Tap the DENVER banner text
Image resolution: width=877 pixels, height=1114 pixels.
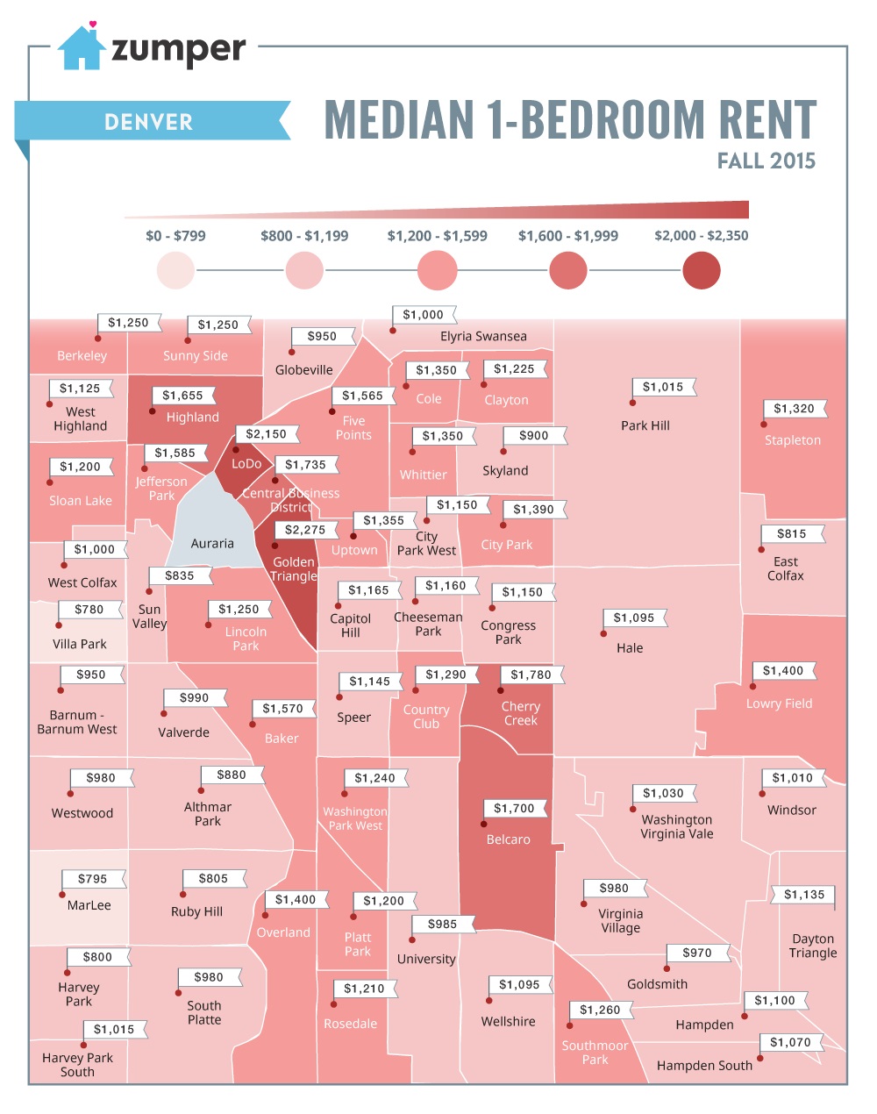click(x=148, y=122)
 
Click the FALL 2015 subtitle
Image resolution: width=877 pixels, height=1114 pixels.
click(x=766, y=161)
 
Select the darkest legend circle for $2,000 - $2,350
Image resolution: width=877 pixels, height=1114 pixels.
click(x=701, y=270)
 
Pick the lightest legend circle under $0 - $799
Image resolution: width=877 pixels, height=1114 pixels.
click(x=175, y=270)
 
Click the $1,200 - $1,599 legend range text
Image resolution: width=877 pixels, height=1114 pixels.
click(x=437, y=236)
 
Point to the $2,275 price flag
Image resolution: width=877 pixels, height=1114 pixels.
click(x=305, y=530)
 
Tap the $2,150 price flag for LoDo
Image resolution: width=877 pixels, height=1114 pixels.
click(x=266, y=434)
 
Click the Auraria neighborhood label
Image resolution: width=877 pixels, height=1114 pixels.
click(x=212, y=544)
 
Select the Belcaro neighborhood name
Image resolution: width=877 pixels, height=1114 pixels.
click(x=508, y=839)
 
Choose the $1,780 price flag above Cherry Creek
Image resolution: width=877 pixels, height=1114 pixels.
click(x=531, y=675)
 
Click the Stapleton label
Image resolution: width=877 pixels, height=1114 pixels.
click(x=793, y=440)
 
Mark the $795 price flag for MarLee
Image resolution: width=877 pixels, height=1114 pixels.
click(x=92, y=879)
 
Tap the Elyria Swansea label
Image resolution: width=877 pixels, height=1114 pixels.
click(x=483, y=337)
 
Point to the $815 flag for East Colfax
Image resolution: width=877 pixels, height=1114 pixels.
click(x=791, y=533)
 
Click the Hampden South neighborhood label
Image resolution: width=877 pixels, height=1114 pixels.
click(x=704, y=1066)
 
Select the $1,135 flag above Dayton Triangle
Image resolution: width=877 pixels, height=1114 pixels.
click(x=804, y=895)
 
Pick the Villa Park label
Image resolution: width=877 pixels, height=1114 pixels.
click(x=80, y=644)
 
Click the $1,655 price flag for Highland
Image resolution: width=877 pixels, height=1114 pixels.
click(x=182, y=396)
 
